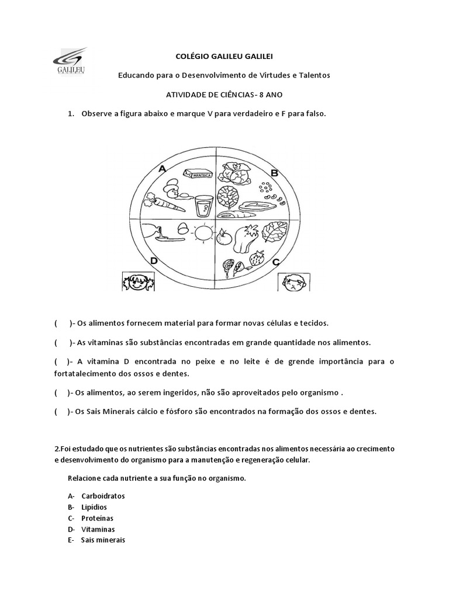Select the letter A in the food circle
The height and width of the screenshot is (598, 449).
point(162,169)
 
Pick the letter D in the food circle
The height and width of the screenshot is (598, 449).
point(154,261)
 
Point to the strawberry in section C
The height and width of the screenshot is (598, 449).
point(255,258)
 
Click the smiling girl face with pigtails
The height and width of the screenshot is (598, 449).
point(137,281)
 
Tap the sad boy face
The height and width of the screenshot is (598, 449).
point(292,283)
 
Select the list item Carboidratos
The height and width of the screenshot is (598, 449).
point(103,496)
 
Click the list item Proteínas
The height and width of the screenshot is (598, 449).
point(97,518)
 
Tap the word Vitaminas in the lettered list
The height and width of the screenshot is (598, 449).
point(98,529)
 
